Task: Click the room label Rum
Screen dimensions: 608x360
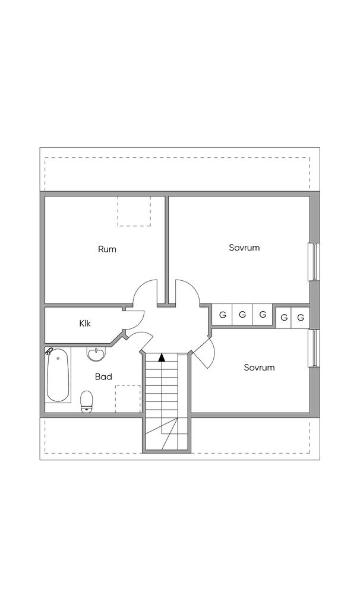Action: coord(107,249)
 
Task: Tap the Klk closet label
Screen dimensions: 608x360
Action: coord(86,324)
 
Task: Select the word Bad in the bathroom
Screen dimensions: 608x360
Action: coord(103,376)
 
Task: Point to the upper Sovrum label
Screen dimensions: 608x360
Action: coord(244,248)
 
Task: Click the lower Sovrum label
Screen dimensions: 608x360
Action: coord(259,368)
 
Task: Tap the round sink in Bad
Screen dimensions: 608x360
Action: coord(95,354)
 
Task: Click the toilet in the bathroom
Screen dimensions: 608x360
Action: coord(87,401)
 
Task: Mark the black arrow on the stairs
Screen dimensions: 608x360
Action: coord(162,357)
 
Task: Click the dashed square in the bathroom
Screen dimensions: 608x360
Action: coord(128,398)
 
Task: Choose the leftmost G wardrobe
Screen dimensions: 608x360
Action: coord(222,315)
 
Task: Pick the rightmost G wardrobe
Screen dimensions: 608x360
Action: coord(301,318)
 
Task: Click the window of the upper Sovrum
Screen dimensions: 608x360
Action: coord(312,262)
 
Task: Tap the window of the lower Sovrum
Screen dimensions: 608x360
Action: coord(312,349)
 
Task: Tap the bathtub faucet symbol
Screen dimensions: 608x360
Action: coord(49,351)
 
